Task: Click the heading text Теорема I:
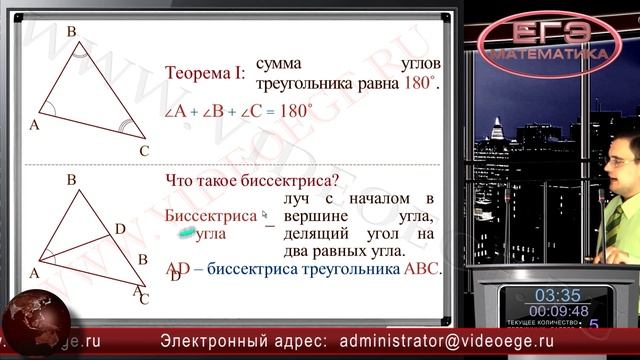point(204,72)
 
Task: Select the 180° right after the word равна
point(421,84)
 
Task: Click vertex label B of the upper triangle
point(71,32)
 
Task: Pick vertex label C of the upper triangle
point(143,150)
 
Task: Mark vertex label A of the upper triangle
point(34,125)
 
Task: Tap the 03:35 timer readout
point(557,295)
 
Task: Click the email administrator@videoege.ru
point(460,340)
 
